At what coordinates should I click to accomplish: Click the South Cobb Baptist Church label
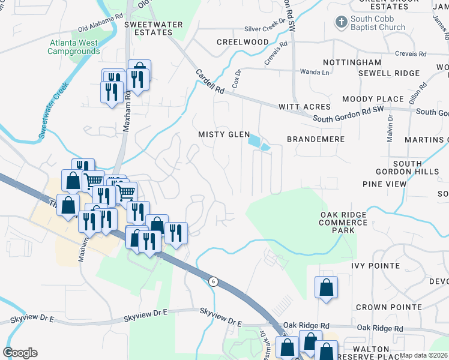pyautogui.click(x=378, y=23)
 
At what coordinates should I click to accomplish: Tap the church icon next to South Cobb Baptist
pyautogui.click(x=341, y=22)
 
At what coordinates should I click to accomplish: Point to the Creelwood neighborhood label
pyautogui.click(x=243, y=43)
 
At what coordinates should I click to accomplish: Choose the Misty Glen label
pyautogui.click(x=224, y=134)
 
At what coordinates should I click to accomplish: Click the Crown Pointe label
pyautogui.click(x=388, y=307)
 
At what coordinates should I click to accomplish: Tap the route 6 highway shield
pyautogui.click(x=212, y=281)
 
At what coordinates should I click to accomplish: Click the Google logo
pyautogui.click(x=20, y=353)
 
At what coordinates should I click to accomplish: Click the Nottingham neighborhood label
pyautogui.click(x=352, y=62)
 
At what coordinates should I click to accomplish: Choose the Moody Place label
pyautogui.click(x=373, y=99)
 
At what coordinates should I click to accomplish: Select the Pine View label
pyautogui.click(x=384, y=184)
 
